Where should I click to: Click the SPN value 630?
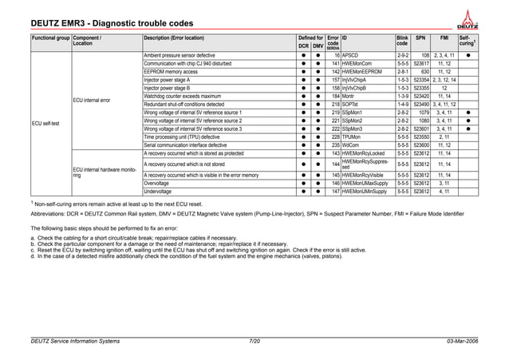tap(425, 72)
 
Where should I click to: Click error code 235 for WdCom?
tap(336, 145)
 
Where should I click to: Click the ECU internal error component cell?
tap(91, 101)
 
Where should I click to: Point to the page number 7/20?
tap(254, 341)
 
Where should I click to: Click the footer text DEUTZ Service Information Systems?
tap(73, 341)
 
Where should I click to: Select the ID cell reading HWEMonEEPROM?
tap(364, 72)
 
